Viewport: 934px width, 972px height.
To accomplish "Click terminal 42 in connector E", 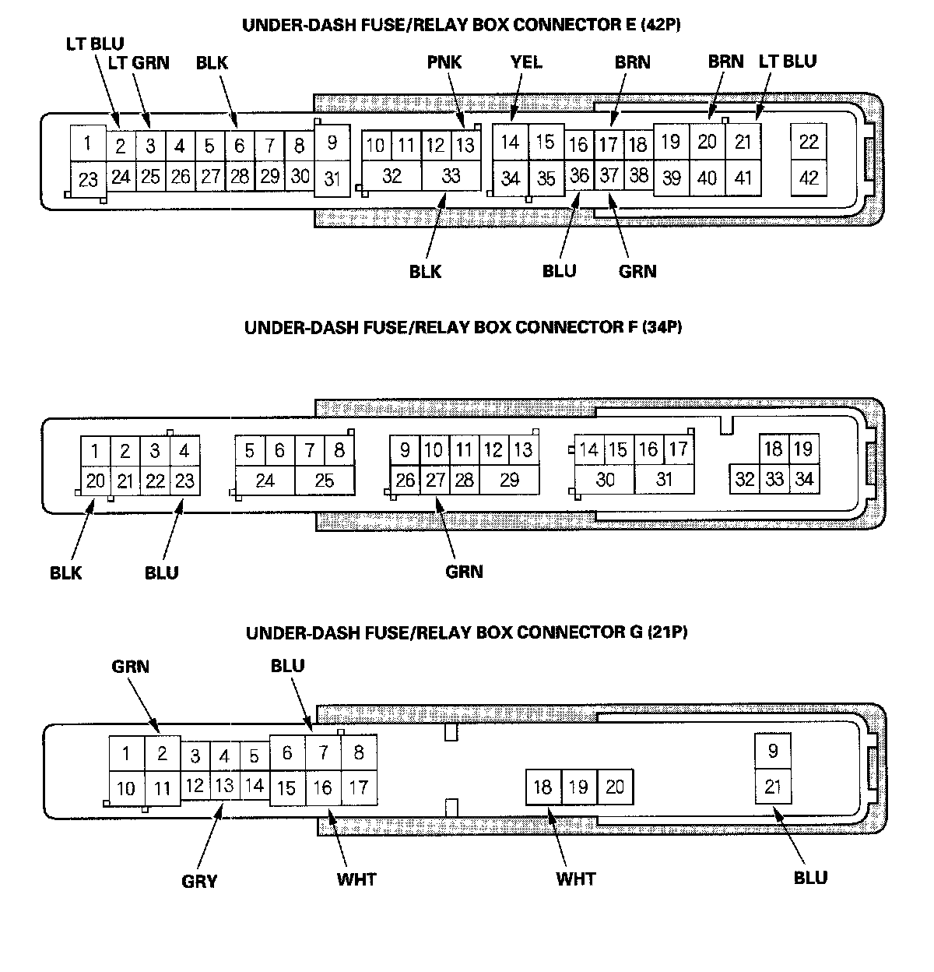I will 809,178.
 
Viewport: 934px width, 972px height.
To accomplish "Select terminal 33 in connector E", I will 451,176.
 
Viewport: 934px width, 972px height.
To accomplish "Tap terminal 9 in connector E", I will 332,143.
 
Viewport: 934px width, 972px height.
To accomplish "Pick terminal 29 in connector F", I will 509,480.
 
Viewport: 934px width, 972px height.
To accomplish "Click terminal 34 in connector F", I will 804,479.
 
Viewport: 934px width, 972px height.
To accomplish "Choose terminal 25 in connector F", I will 325,481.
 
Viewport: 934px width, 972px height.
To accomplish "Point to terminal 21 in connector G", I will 773,787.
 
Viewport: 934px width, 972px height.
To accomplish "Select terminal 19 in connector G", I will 578,787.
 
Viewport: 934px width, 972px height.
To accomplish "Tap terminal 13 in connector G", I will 224,786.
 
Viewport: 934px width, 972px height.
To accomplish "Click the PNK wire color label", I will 444,62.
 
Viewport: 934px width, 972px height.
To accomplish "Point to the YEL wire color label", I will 526,62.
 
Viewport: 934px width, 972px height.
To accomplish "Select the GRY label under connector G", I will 199,882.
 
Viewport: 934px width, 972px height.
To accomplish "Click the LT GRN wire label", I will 139,62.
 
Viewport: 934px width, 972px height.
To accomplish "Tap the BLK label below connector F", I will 66,573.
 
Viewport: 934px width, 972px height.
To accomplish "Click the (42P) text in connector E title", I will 661,25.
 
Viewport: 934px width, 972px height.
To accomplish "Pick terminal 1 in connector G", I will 126,754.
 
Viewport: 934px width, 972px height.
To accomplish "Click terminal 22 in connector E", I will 809,142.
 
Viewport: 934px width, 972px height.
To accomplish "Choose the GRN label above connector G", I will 130,667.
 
